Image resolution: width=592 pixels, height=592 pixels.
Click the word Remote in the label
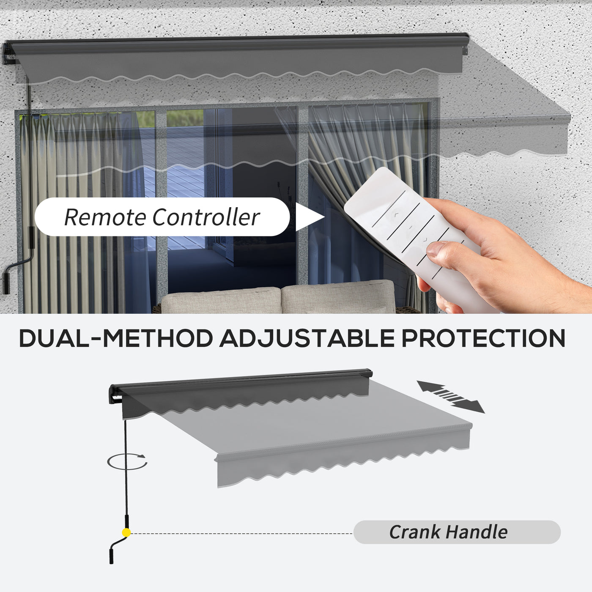(105, 217)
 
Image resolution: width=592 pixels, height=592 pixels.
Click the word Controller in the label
(206, 217)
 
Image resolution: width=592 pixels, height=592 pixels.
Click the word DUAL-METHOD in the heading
(116, 338)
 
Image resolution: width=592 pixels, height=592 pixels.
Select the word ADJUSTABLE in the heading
(307, 338)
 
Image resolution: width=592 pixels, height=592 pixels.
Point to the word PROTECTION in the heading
(483, 338)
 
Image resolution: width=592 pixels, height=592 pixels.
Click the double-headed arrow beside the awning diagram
(451, 397)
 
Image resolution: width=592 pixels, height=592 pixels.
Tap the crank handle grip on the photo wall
(6, 282)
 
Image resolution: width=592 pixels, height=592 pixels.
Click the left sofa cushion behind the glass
(221, 300)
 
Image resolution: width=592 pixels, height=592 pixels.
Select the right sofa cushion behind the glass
(338, 296)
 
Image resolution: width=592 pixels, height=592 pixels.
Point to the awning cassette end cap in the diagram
(114, 394)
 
